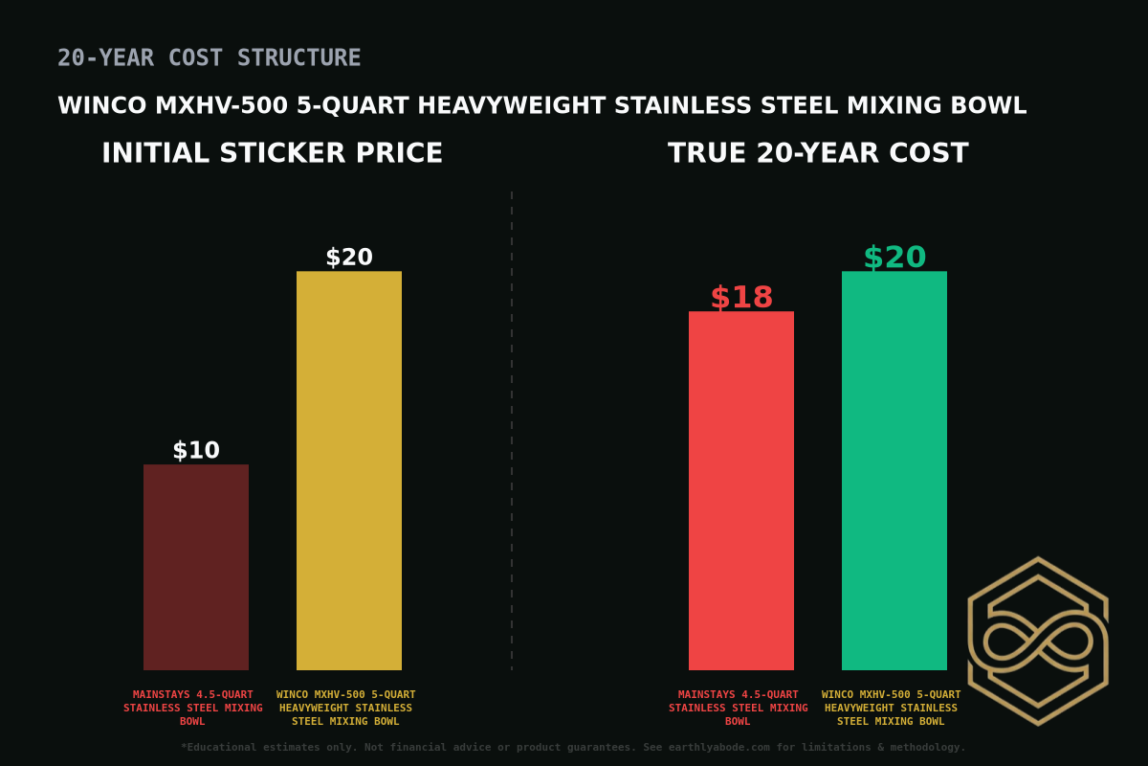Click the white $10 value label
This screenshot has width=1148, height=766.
196,450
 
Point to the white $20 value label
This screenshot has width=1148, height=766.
349,258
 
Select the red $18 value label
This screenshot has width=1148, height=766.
741,298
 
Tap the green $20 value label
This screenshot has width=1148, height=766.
894,258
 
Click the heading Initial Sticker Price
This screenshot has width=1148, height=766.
273,153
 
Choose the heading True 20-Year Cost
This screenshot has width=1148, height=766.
818,153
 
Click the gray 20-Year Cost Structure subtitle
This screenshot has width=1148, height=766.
210,58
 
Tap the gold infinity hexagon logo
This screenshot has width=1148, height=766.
1038,641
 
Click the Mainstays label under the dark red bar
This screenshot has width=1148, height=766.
193,708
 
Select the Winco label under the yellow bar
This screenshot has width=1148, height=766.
346,708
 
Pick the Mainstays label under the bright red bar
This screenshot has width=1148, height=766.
739,708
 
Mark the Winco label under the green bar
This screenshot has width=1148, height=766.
892,708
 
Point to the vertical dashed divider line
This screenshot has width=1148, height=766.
512,431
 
